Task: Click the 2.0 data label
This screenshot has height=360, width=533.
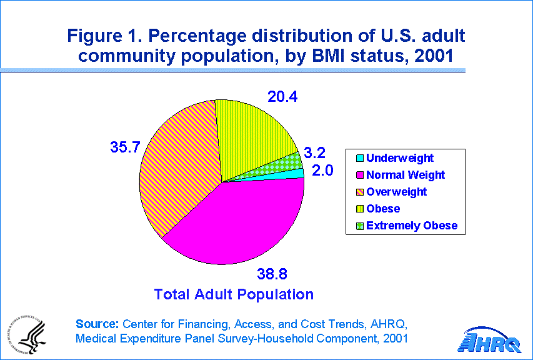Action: point(322,170)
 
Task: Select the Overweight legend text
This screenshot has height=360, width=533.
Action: point(396,192)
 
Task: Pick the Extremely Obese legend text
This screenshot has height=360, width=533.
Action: point(412,226)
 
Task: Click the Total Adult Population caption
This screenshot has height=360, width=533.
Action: point(234,294)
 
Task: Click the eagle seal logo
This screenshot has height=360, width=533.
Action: point(26,334)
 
